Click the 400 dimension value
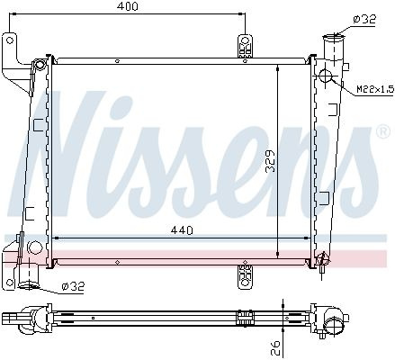pos(128,6)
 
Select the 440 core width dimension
pos(182,230)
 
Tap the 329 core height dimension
pos(271,161)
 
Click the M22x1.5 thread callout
pos(375,89)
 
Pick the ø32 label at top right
pos(364,20)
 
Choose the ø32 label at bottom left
pos(73,286)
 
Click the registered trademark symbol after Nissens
pos(383,131)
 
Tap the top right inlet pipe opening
pos(334,38)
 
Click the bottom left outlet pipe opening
pos(29,284)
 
